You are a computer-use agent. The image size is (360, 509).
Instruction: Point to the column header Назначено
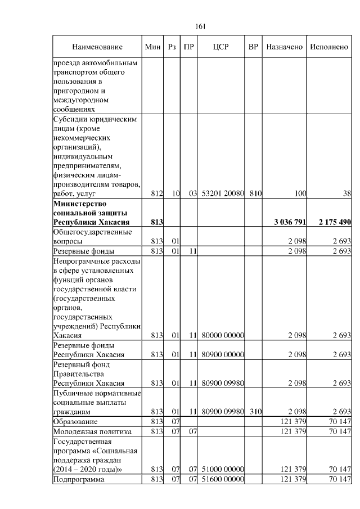click(285, 46)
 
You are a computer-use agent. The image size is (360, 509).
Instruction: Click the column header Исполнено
click(330, 46)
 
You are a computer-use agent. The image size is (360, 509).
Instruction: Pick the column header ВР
click(253, 46)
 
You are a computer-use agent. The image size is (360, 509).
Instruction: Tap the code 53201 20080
click(222, 194)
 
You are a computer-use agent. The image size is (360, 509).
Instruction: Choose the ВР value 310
click(256, 412)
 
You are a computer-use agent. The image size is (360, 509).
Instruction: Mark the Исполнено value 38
click(346, 194)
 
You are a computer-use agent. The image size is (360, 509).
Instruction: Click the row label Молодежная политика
click(92, 431)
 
